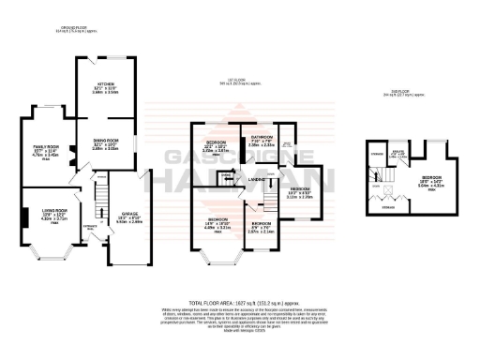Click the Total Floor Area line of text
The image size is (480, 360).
click(243, 304)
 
